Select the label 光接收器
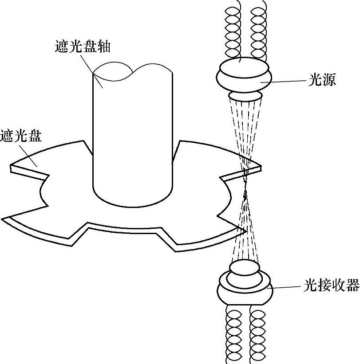(x=331, y=286)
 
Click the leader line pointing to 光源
(x=289, y=81)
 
